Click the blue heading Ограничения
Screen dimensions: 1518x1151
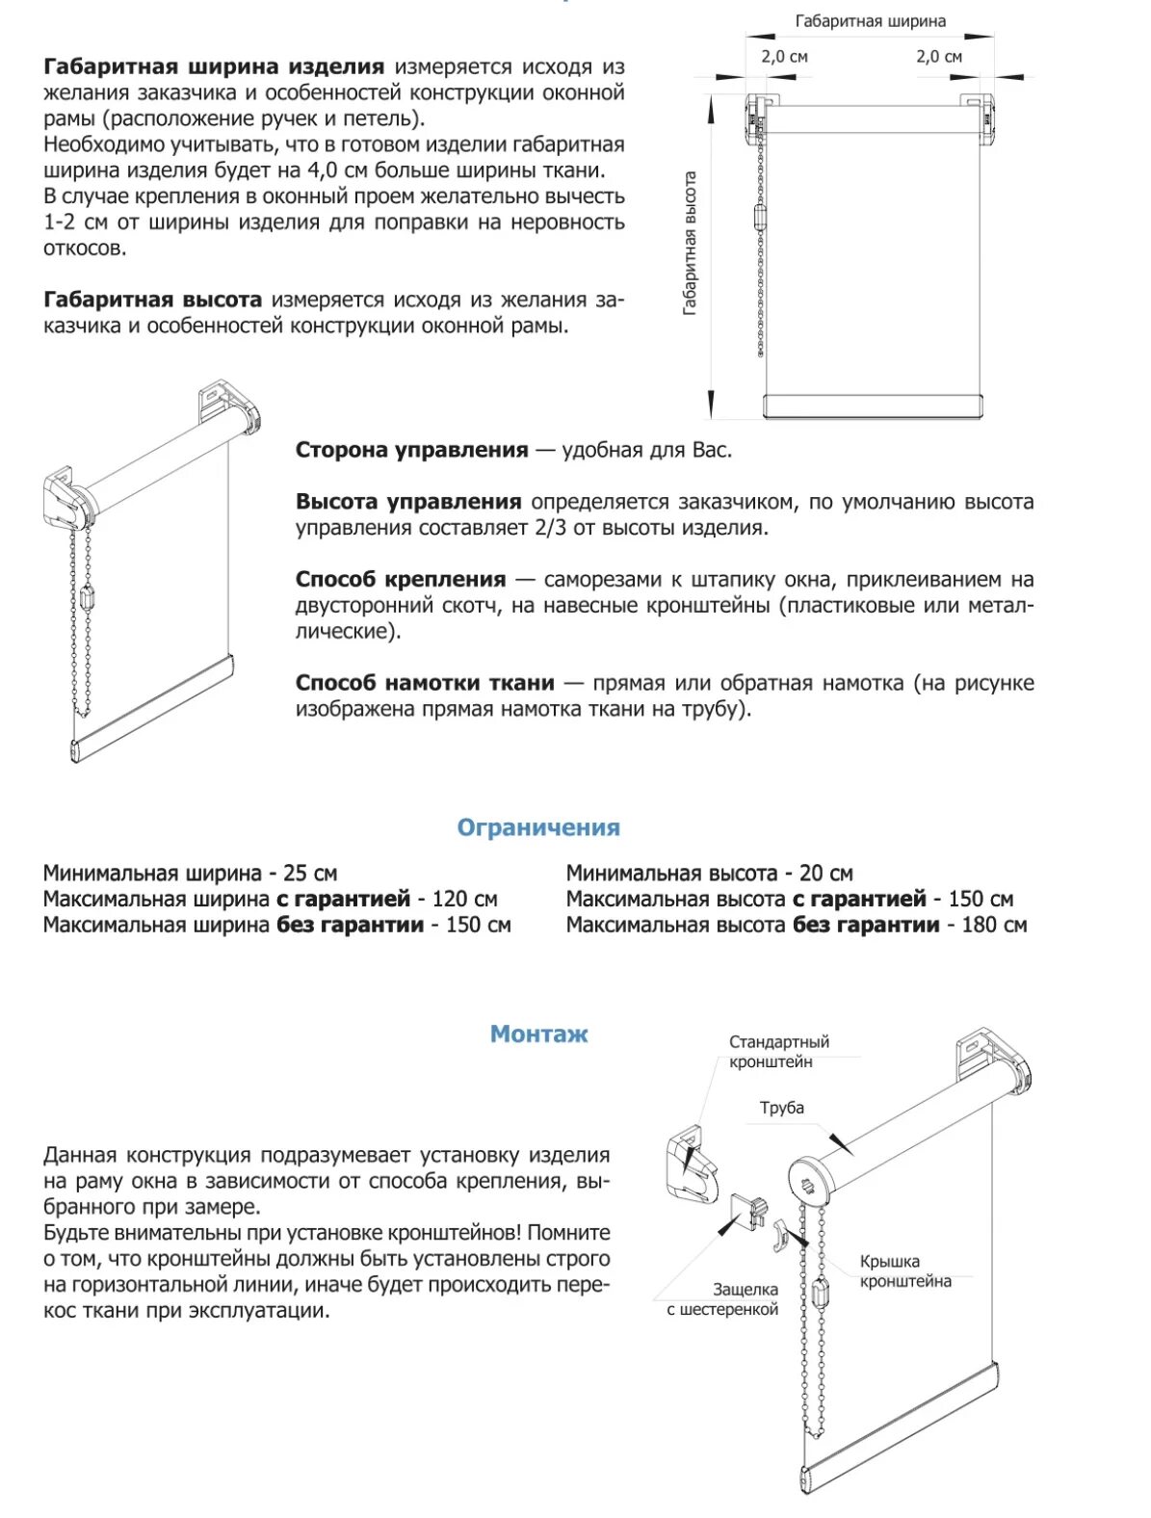click(x=537, y=827)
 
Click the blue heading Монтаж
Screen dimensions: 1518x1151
click(x=538, y=1034)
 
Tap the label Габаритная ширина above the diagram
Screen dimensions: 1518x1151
click(x=870, y=21)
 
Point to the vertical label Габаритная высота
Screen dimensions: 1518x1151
click(x=690, y=244)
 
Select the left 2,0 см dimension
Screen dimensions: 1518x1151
click(x=784, y=57)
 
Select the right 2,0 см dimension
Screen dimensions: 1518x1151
click(x=938, y=57)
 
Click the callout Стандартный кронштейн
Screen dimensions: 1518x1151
click(x=778, y=1052)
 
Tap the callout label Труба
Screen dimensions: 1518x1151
click(x=781, y=1108)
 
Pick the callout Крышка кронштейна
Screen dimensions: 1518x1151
click(x=904, y=1271)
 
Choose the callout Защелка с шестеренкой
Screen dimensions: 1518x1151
click(x=723, y=1299)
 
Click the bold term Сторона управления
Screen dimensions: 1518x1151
click(x=411, y=450)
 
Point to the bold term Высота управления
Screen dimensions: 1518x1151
click(x=408, y=502)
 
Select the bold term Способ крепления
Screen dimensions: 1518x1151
click(x=400, y=580)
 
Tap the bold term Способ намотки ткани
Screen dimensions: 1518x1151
click(x=425, y=683)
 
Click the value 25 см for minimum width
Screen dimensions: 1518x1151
click(x=310, y=874)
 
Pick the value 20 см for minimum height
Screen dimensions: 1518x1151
click(x=826, y=874)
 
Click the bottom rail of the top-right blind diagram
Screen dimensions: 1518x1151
click(x=874, y=406)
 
